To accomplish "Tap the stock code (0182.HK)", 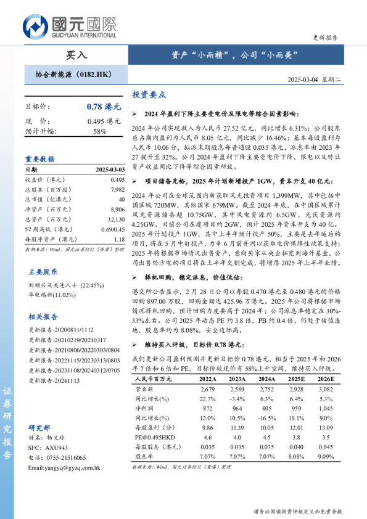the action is point(96,75).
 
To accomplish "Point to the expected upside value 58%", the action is point(100,131).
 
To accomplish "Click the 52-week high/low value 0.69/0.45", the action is point(112,229).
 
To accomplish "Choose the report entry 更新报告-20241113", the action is point(54,381).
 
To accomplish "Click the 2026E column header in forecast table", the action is point(326,380).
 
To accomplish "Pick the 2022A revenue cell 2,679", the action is point(207,390).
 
